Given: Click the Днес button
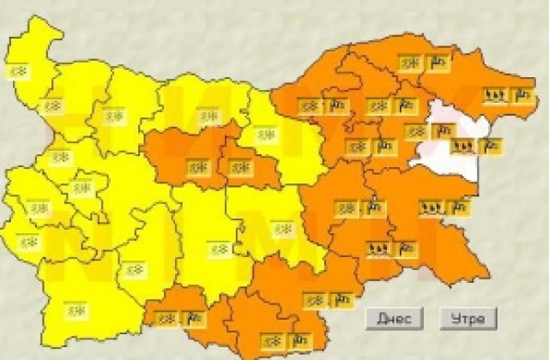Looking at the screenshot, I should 394,318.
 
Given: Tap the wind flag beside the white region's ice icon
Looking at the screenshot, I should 491,145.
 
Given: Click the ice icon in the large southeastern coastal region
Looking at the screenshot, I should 430,207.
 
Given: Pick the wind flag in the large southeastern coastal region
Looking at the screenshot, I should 459,207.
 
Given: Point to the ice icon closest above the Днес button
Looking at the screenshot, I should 377,249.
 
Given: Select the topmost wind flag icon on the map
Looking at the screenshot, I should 438,63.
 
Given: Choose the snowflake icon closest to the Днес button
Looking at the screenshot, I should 315,299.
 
